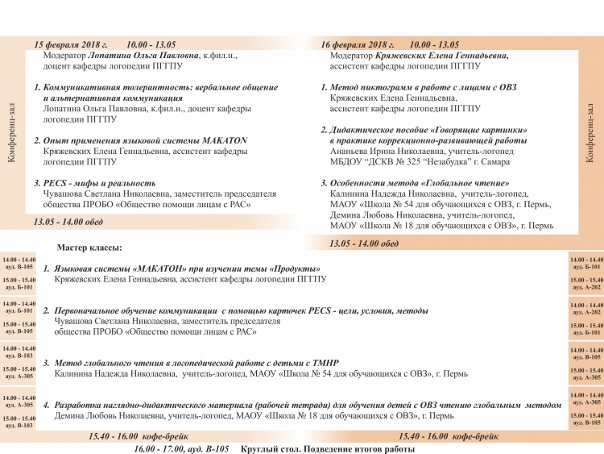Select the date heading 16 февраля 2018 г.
tap(358, 44)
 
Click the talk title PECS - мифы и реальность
tap(100, 183)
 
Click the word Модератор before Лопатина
tap(72, 56)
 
